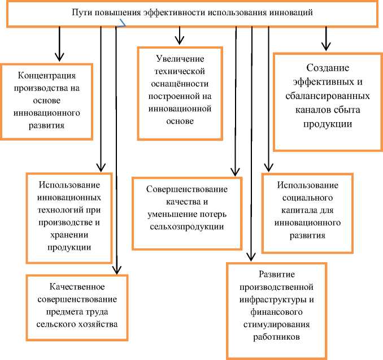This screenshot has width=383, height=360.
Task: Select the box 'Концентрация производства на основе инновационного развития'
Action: (x=47, y=100)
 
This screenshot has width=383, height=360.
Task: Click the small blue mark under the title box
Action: (x=121, y=24)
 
